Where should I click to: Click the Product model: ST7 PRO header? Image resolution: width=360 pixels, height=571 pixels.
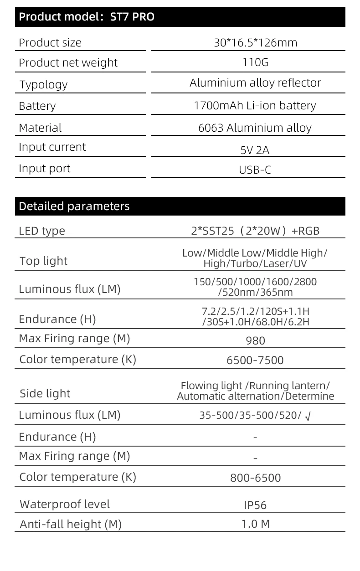tap(87, 17)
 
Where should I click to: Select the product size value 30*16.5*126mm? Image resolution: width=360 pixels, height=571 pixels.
tap(255, 43)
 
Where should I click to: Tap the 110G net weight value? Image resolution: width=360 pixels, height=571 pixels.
tap(255, 62)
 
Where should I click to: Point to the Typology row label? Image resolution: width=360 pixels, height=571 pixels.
tap(43, 85)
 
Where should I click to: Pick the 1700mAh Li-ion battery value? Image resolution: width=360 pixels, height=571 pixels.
tap(255, 106)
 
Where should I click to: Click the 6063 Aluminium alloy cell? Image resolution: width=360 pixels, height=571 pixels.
tap(255, 128)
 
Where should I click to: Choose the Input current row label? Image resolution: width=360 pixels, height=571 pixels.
tap(52, 147)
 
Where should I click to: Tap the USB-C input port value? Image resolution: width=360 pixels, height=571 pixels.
tap(255, 170)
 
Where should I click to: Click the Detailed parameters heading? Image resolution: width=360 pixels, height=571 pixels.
tap(74, 206)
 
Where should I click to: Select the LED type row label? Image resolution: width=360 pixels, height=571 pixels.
tap(42, 231)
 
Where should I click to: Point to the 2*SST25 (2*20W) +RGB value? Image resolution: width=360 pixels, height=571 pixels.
tap(255, 231)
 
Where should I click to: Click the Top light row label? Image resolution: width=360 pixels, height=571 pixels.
tap(43, 261)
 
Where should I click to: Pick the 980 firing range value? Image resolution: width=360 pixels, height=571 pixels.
tap(255, 340)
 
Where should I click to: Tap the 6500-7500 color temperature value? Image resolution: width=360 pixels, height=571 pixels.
tap(255, 360)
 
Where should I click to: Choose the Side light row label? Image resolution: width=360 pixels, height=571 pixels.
tap(45, 394)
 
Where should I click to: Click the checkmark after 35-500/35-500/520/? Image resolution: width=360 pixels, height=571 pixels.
tap(308, 416)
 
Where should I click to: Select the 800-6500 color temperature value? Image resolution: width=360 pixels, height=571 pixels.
tap(255, 478)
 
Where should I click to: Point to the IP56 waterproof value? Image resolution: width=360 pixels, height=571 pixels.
tap(255, 505)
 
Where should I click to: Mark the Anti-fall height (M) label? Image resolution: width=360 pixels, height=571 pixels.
tap(71, 525)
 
